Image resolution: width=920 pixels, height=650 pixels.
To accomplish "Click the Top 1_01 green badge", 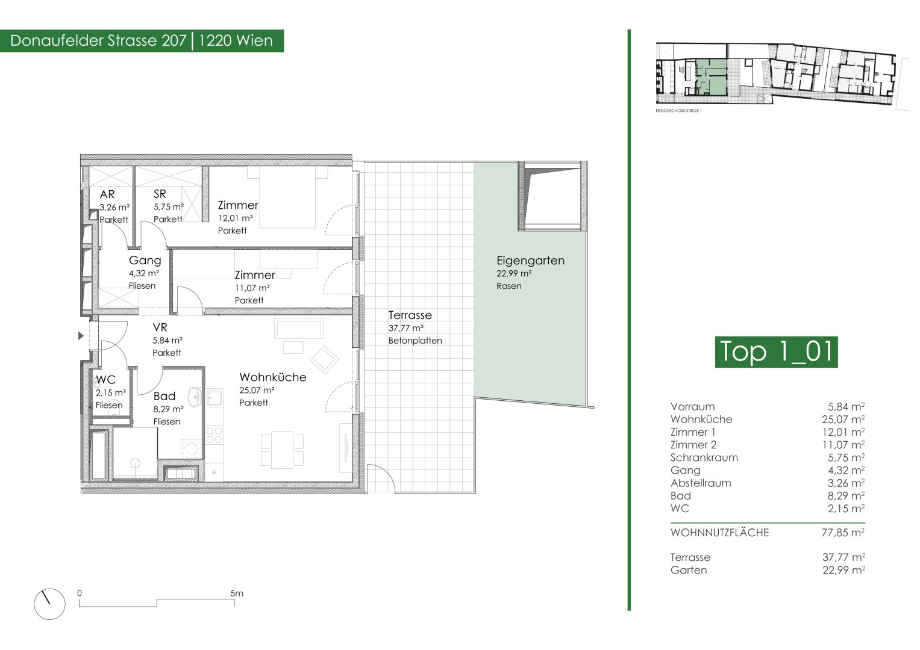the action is pyautogui.click(x=776, y=352).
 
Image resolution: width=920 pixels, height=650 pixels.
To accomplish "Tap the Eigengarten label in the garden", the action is pyautogui.click(x=530, y=261).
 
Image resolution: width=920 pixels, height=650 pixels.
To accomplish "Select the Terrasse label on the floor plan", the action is pyautogui.click(x=410, y=315).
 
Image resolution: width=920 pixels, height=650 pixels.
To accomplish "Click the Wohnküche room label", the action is pyautogui.click(x=273, y=377).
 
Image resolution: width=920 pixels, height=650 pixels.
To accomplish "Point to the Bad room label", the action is pyautogui.click(x=164, y=396).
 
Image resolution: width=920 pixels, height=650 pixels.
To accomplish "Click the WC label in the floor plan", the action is pyautogui.click(x=105, y=380).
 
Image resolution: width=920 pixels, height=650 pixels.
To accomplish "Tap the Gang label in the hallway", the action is pyautogui.click(x=145, y=261).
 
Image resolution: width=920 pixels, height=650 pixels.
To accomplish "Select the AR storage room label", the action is pyautogui.click(x=107, y=194).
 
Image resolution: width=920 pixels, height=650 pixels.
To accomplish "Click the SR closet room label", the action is pyautogui.click(x=160, y=194).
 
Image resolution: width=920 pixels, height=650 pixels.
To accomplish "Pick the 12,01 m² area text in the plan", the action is pyautogui.click(x=236, y=218).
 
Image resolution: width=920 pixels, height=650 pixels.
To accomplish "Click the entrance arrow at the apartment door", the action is pyautogui.click(x=81, y=336).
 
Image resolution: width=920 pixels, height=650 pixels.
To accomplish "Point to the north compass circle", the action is pyautogui.click(x=49, y=604).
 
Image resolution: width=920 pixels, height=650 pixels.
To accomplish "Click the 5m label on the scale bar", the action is pyautogui.click(x=237, y=593).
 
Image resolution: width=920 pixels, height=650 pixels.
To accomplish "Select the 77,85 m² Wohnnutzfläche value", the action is pyautogui.click(x=843, y=533).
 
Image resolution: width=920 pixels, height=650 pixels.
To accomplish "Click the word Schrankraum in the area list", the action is pyautogui.click(x=704, y=457).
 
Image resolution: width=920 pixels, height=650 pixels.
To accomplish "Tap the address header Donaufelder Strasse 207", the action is pyautogui.click(x=98, y=41).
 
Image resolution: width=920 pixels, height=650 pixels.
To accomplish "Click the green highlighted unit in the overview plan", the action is pyautogui.click(x=711, y=77).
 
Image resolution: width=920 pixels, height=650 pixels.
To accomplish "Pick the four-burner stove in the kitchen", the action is pyautogui.click(x=214, y=435).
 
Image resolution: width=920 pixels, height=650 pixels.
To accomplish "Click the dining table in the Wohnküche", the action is pyautogui.click(x=282, y=450).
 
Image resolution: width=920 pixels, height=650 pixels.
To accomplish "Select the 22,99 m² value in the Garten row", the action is pyautogui.click(x=843, y=570).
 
